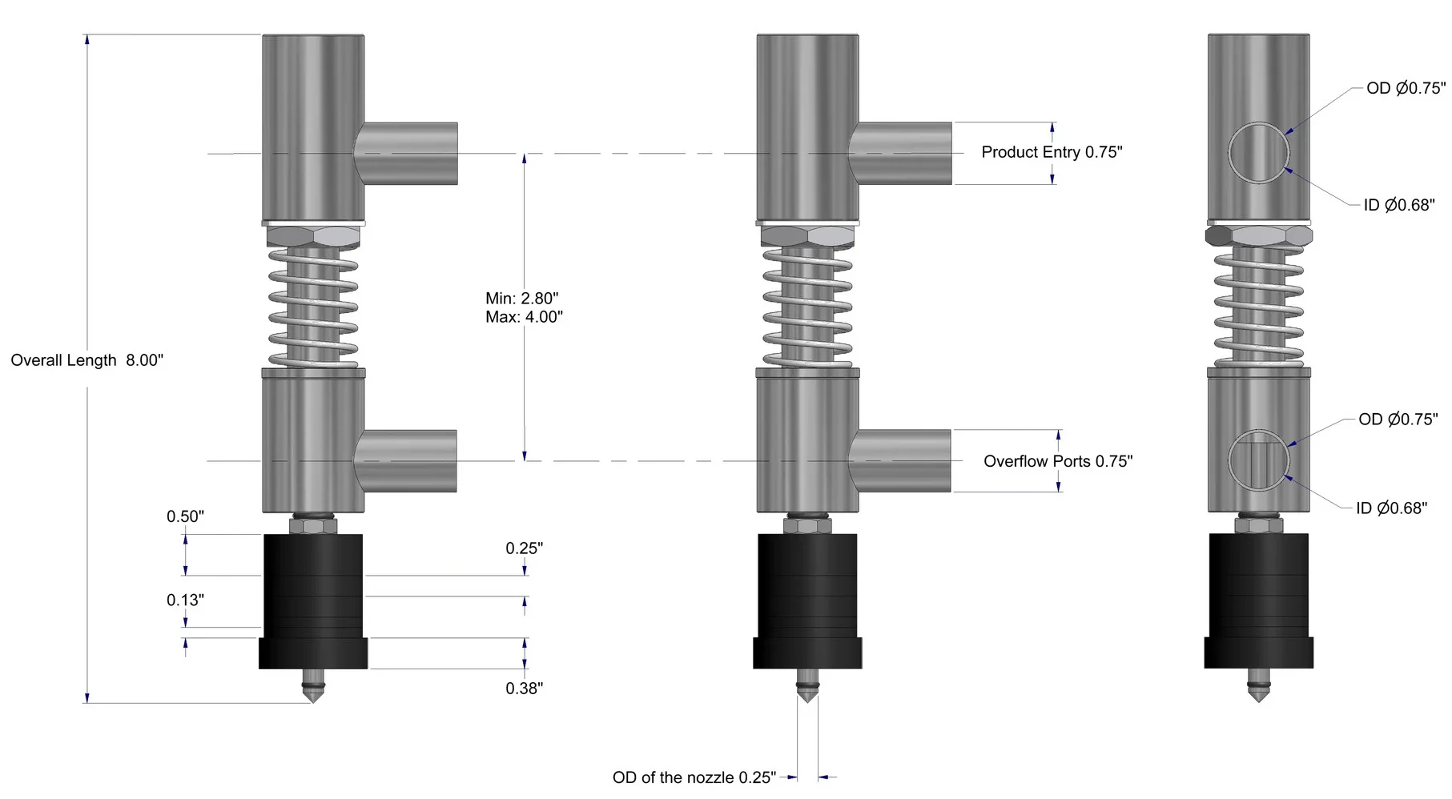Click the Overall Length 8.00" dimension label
(x=86, y=360)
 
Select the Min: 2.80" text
(x=521, y=298)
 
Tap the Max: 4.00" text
(x=524, y=317)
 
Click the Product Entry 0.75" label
(x=1052, y=152)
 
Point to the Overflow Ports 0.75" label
(x=1057, y=461)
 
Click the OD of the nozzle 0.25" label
(x=694, y=777)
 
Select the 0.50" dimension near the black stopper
(x=185, y=516)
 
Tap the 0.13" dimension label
(x=185, y=600)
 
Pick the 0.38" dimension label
(x=524, y=688)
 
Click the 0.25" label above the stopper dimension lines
(x=524, y=548)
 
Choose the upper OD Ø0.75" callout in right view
(x=1406, y=88)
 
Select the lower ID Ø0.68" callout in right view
(x=1391, y=508)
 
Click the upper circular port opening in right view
(x=1258, y=152)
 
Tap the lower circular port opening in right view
(x=1258, y=460)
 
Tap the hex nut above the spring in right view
(x=1258, y=235)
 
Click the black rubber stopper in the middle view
(x=807, y=596)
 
